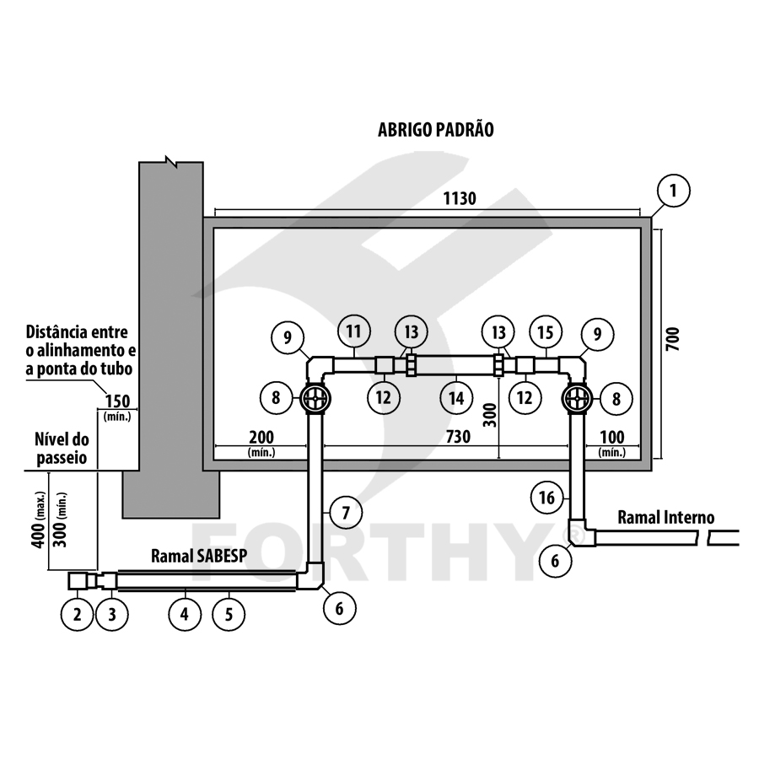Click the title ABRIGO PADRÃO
click(x=436, y=130)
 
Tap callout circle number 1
click(x=673, y=191)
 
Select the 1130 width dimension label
click(x=460, y=198)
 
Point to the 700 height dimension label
click(x=672, y=339)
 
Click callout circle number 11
click(x=353, y=331)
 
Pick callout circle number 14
click(x=456, y=398)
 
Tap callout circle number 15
click(x=546, y=333)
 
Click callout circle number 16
click(x=547, y=498)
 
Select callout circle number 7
click(x=346, y=512)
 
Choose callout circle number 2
click(x=77, y=615)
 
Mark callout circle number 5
click(x=229, y=615)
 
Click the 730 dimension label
click(x=458, y=437)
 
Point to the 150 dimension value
click(x=118, y=401)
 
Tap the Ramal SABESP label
click(x=199, y=557)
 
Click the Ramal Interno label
click(x=665, y=518)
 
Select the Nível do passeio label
click(x=62, y=449)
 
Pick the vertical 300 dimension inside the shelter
click(x=490, y=415)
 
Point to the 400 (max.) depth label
click(x=39, y=520)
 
